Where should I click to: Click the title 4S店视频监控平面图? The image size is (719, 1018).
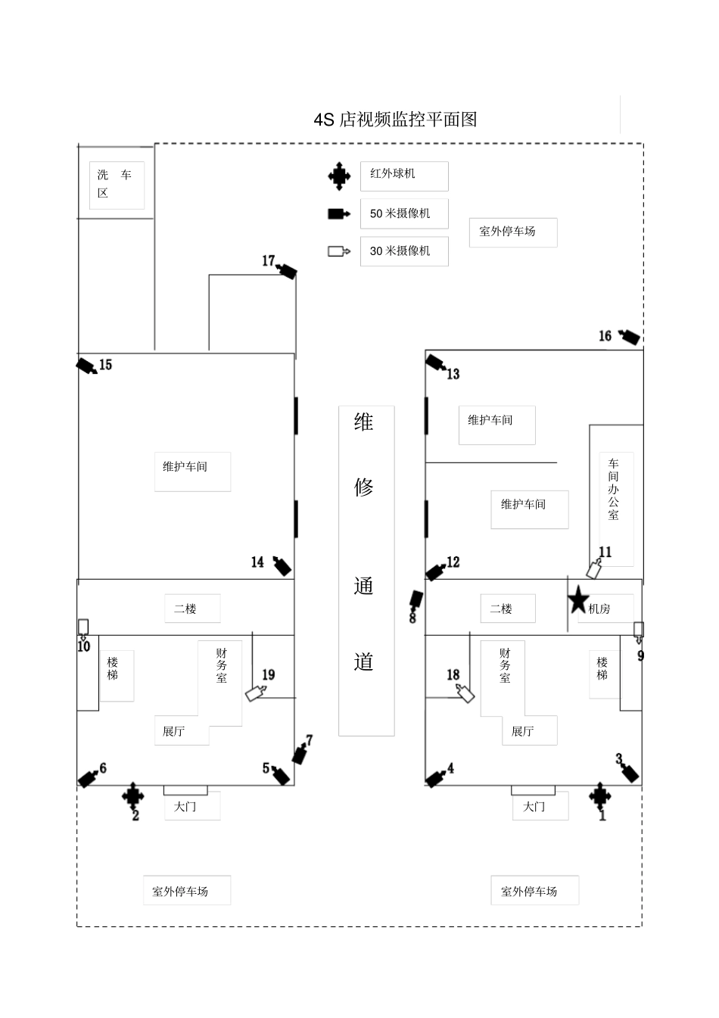click(395, 120)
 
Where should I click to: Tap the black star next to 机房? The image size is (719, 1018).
click(578, 600)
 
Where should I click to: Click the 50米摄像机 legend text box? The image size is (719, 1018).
click(403, 213)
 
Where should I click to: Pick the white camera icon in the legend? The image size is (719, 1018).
click(338, 251)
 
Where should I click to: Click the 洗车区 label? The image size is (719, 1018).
click(116, 185)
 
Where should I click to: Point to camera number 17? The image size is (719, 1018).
click(287, 270)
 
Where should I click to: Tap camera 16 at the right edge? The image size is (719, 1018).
click(629, 337)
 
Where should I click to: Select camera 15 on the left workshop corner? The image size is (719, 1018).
click(87, 366)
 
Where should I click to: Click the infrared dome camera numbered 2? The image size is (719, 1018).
click(133, 795)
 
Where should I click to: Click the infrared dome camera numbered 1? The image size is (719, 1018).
click(600, 795)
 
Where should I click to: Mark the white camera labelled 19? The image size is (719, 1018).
click(255, 693)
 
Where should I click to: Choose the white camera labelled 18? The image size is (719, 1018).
click(465, 693)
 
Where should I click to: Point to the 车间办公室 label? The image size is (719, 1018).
click(614, 489)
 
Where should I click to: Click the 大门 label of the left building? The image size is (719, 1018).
click(186, 807)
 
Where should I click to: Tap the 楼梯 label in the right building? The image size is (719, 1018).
click(602, 669)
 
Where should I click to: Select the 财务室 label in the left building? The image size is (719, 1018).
click(221, 666)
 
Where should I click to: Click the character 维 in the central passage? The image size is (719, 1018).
click(364, 422)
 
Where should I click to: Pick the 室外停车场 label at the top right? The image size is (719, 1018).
click(508, 232)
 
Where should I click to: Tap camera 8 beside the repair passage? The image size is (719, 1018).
click(416, 602)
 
